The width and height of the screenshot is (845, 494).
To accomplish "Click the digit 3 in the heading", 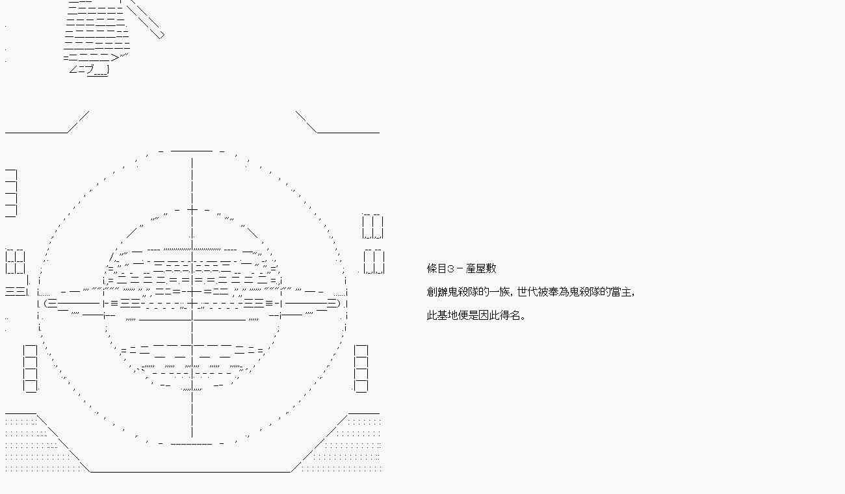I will coord(451,268).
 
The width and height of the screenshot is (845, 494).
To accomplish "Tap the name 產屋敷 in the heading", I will coord(481,268).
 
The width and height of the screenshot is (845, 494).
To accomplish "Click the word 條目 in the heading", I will coord(437,268).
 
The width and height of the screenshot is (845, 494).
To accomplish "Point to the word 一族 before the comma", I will coord(499,292).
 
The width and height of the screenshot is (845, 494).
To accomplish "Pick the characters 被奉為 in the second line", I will coord(553,292).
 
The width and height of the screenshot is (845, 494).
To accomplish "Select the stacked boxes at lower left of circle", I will coord(30,369).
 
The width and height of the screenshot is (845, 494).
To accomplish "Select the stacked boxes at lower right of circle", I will coord(361,369).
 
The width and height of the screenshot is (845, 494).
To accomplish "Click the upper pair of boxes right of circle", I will coord(372,227).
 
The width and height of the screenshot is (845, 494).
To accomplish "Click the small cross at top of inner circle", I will coord(192,209).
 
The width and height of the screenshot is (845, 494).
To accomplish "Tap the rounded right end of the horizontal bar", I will coord(333,303).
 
